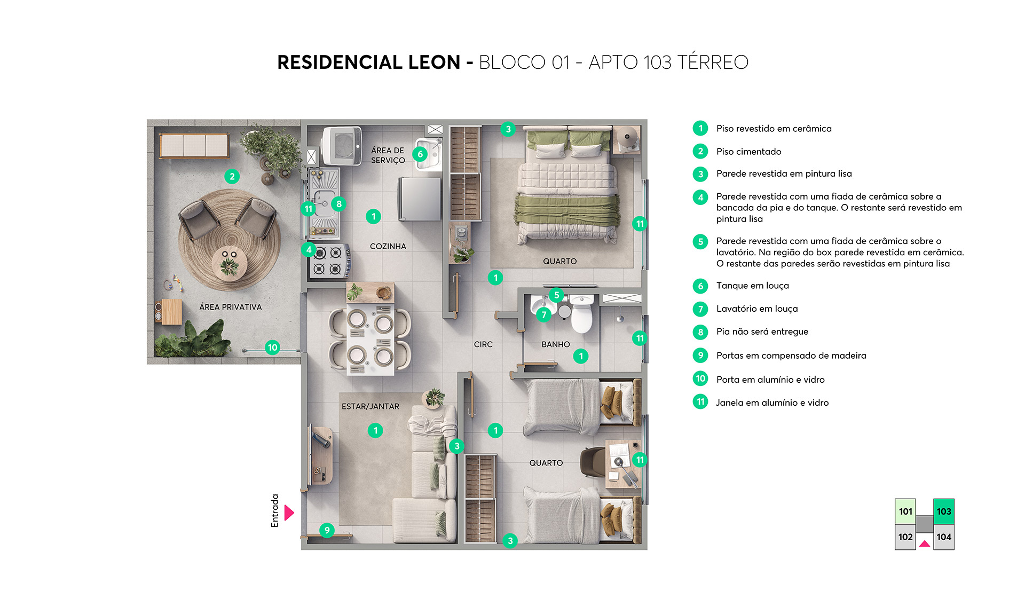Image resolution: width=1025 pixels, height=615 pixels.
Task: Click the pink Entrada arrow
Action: (x=289, y=512)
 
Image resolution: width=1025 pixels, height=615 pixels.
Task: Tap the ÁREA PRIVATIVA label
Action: (x=230, y=307)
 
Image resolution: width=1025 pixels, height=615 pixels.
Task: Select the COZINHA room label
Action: (x=388, y=246)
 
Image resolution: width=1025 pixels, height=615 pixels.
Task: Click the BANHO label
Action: (x=555, y=344)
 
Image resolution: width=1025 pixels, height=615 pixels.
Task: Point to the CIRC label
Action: (x=483, y=344)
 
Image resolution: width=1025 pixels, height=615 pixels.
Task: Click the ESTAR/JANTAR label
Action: (x=370, y=406)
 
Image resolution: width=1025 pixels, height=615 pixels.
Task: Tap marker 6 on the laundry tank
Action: (x=420, y=154)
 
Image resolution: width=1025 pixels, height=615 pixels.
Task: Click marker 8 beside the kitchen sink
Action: (x=338, y=203)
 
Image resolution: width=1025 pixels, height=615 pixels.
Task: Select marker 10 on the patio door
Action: (x=272, y=348)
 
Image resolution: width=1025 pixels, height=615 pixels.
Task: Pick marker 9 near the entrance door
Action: (x=327, y=530)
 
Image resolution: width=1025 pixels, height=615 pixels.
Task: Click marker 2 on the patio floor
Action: (x=232, y=176)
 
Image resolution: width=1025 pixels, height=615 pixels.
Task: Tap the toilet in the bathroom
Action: (x=581, y=315)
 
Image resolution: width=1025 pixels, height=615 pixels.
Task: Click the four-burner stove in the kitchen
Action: (x=328, y=261)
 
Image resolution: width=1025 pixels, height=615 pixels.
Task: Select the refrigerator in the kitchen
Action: (x=420, y=199)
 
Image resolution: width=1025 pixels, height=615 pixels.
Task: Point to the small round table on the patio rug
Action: (x=230, y=263)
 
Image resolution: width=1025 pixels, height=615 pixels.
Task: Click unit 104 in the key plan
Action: (x=943, y=537)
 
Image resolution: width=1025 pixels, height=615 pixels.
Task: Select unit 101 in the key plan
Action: (x=905, y=511)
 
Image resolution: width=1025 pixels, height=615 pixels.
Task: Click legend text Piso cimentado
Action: (x=748, y=152)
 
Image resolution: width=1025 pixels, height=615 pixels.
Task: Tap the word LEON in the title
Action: (x=433, y=62)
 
